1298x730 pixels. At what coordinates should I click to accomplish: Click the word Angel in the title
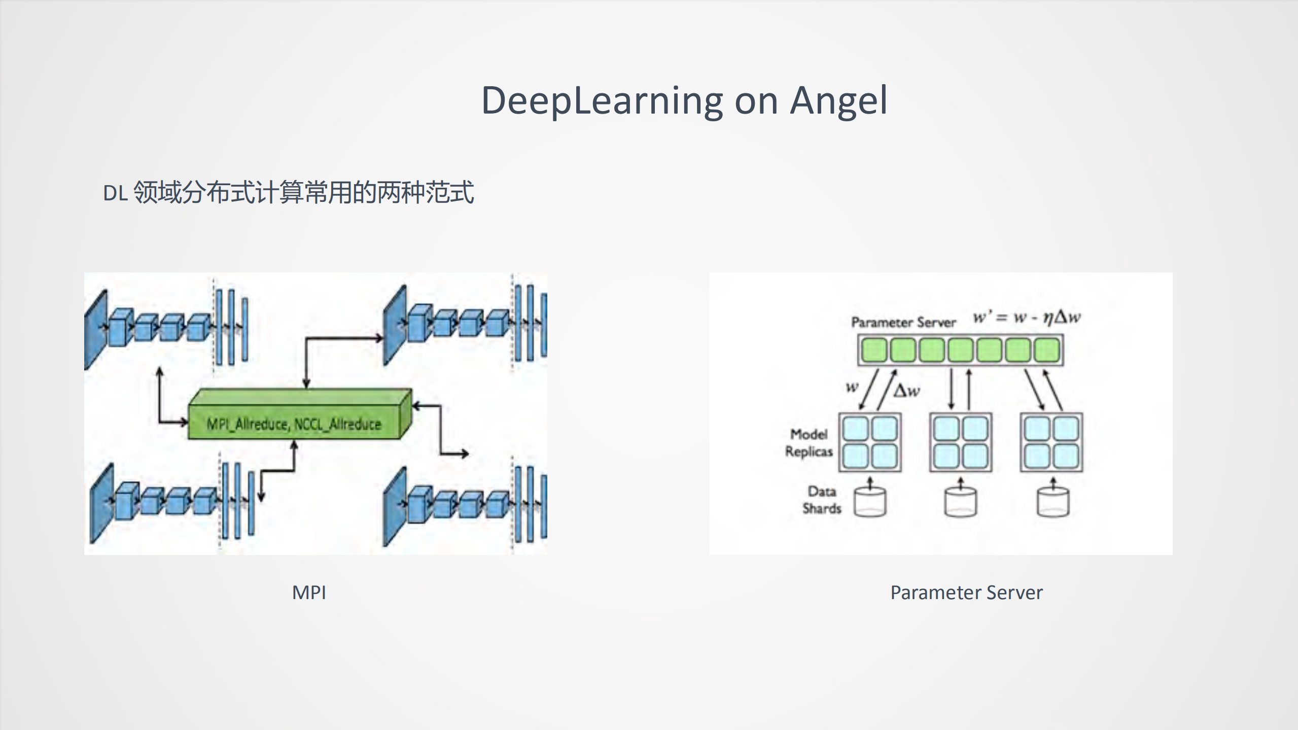[838, 100]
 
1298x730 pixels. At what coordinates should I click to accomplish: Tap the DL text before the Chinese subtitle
[115, 193]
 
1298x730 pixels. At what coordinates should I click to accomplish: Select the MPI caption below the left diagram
[309, 593]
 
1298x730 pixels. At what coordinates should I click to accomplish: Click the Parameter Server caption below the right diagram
[966, 593]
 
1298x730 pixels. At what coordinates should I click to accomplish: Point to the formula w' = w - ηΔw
[1027, 318]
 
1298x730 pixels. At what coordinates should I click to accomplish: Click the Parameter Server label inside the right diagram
[903, 322]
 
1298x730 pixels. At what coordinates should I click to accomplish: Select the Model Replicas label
[809, 443]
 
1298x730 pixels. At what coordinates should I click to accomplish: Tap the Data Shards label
[822, 500]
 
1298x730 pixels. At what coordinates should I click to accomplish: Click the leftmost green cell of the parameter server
[873, 350]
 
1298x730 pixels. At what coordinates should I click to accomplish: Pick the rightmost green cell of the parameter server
[1047, 350]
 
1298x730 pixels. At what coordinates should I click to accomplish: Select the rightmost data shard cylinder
[1053, 502]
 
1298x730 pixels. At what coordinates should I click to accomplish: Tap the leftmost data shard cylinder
[870, 502]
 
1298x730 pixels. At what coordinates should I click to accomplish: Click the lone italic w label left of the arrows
[852, 388]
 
